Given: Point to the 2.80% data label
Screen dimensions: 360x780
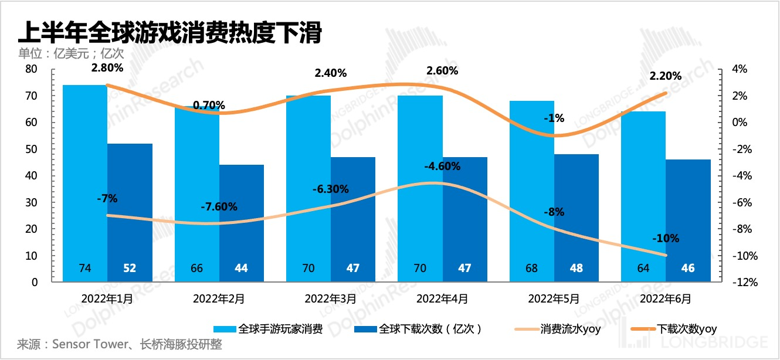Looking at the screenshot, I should point(107,67).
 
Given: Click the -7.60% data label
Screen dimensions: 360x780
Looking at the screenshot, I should point(219,207).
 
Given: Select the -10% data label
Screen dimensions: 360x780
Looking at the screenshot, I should point(666,239).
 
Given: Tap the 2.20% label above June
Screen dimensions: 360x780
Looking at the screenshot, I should point(666,76).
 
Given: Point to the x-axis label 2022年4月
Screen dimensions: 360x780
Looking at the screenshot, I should point(442,298).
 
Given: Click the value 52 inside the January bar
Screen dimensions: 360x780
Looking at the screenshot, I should point(130,269).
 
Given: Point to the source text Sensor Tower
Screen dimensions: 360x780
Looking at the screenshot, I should point(89,345).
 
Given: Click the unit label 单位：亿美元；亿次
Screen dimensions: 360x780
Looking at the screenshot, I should point(71,53).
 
